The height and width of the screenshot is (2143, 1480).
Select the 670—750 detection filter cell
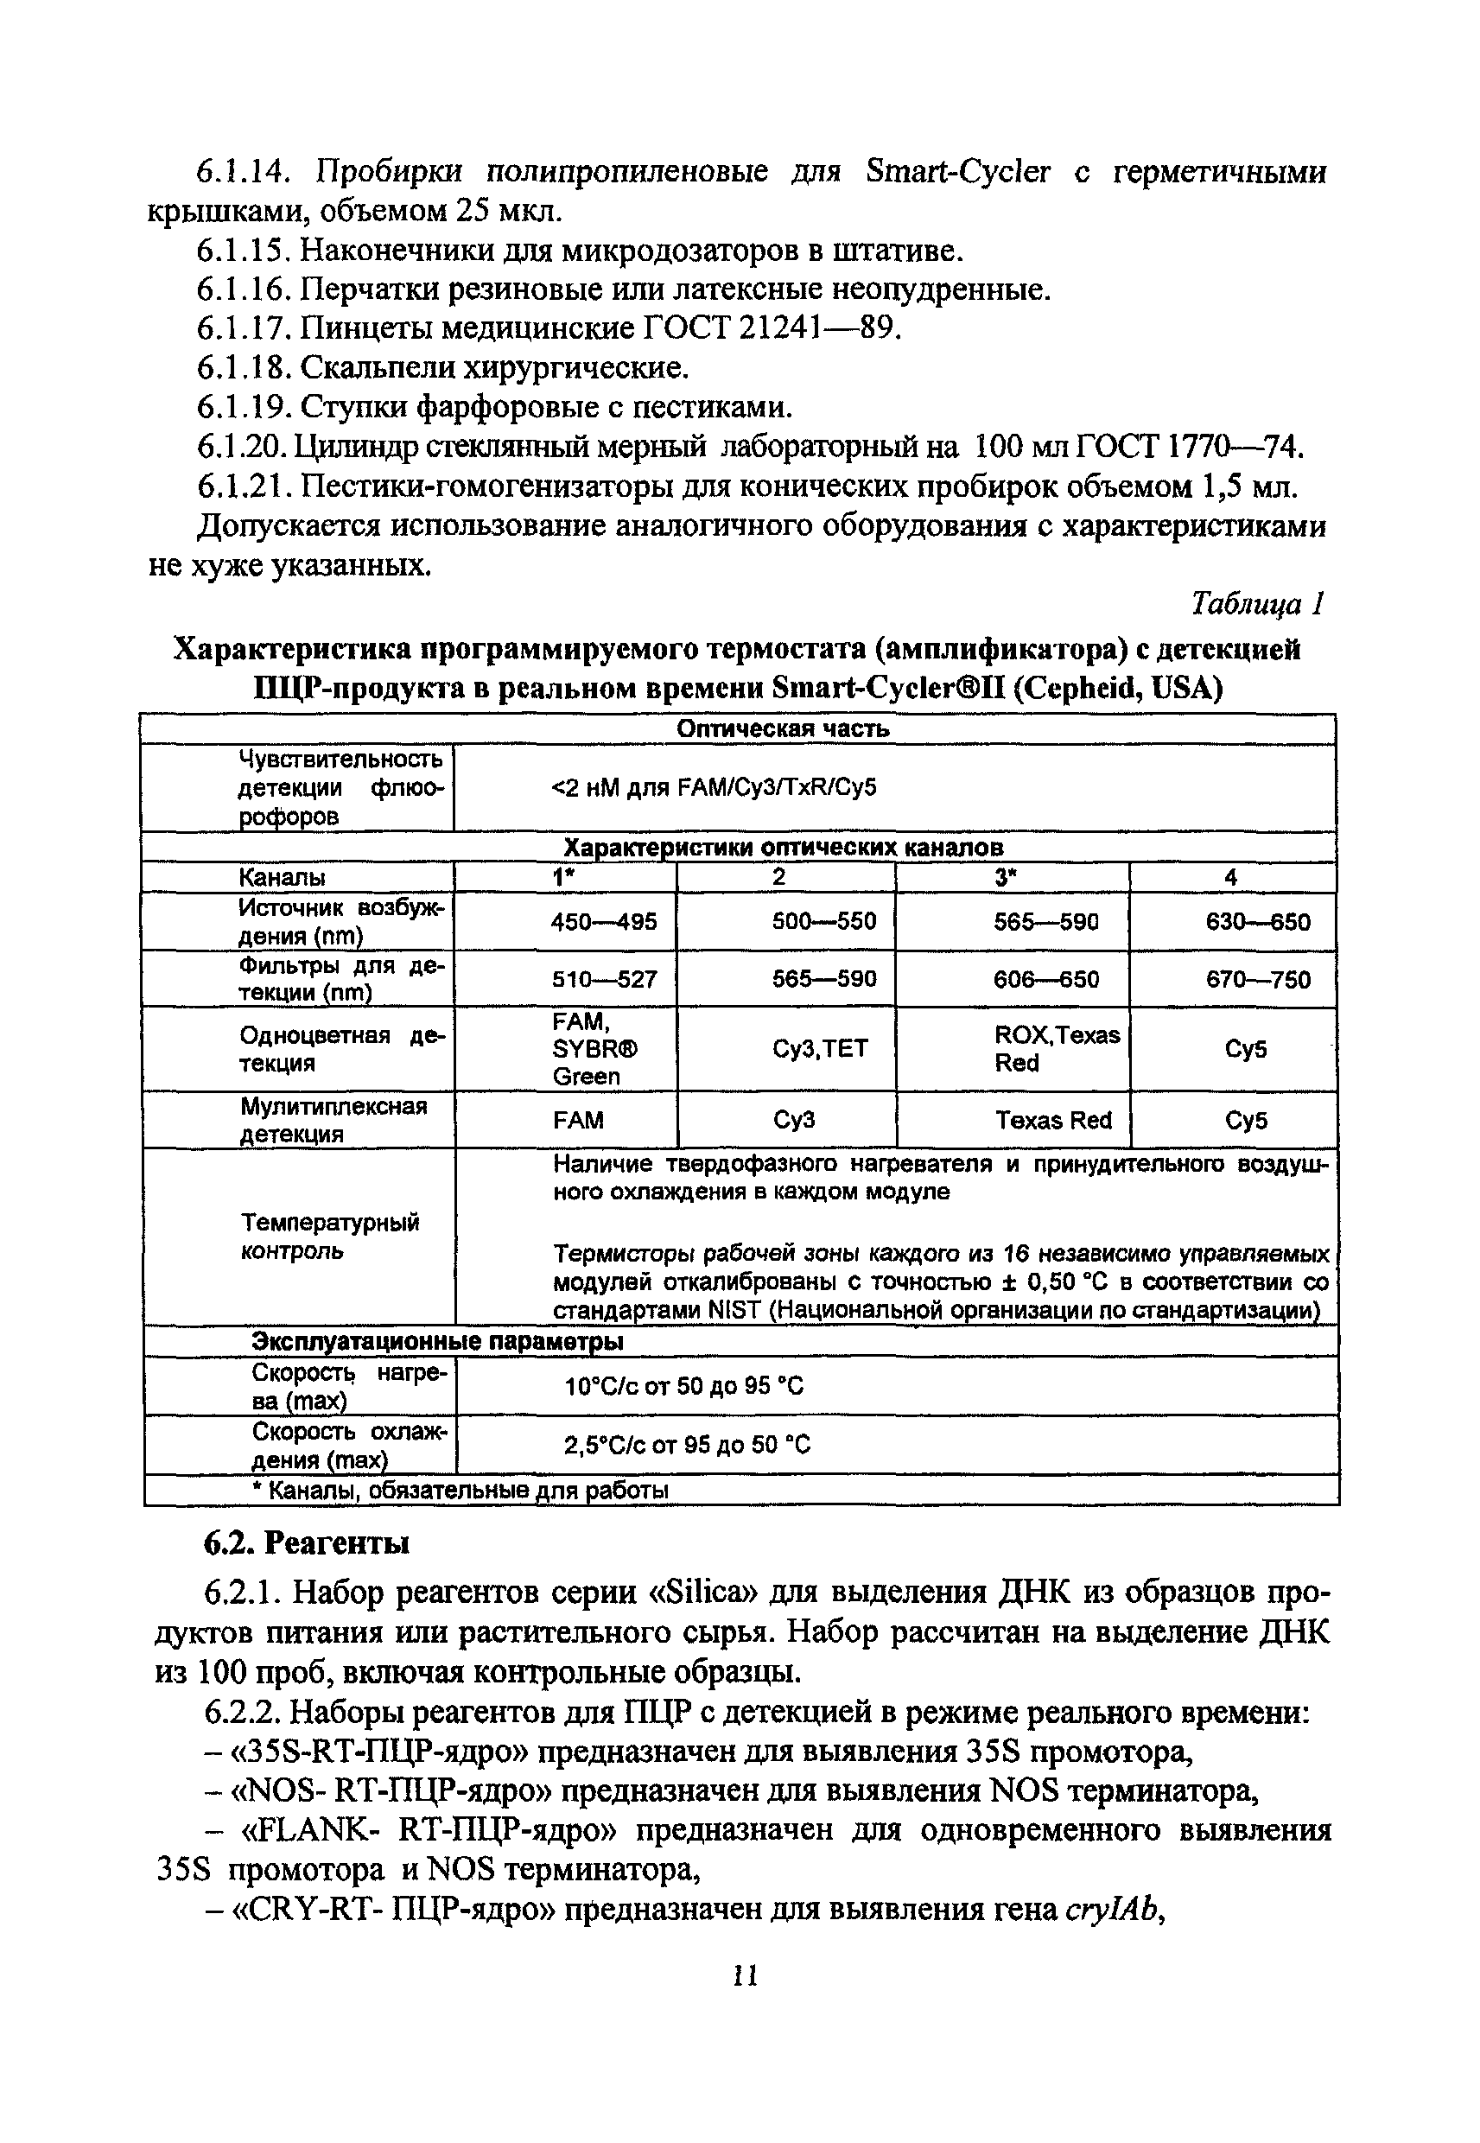click(x=1257, y=979)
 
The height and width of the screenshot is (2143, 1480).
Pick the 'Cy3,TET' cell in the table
click(x=821, y=1049)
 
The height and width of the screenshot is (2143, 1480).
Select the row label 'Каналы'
click(x=282, y=877)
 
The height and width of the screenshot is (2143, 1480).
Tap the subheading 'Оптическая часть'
click(x=783, y=728)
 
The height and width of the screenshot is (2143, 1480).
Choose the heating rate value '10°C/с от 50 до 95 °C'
click(x=684, y=1386)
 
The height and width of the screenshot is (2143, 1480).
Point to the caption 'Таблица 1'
click(x=1257, y=605)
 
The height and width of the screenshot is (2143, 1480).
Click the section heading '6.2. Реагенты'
click(x=306, y=1543)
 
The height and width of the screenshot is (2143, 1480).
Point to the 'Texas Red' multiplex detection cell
click(x=1053, y=1120)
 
